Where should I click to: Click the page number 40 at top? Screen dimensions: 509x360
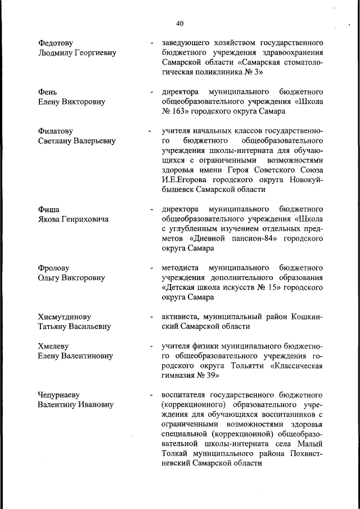click(179, 23)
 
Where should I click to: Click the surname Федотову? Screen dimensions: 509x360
click(56, 43)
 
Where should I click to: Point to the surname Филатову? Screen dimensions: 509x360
click(57, 132)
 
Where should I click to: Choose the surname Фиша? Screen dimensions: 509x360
click(48, 210)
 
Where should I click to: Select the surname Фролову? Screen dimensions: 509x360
click(53, 268)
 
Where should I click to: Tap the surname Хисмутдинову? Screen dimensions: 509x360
click(64, 317)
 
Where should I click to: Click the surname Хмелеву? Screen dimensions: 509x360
click(53, 346)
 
